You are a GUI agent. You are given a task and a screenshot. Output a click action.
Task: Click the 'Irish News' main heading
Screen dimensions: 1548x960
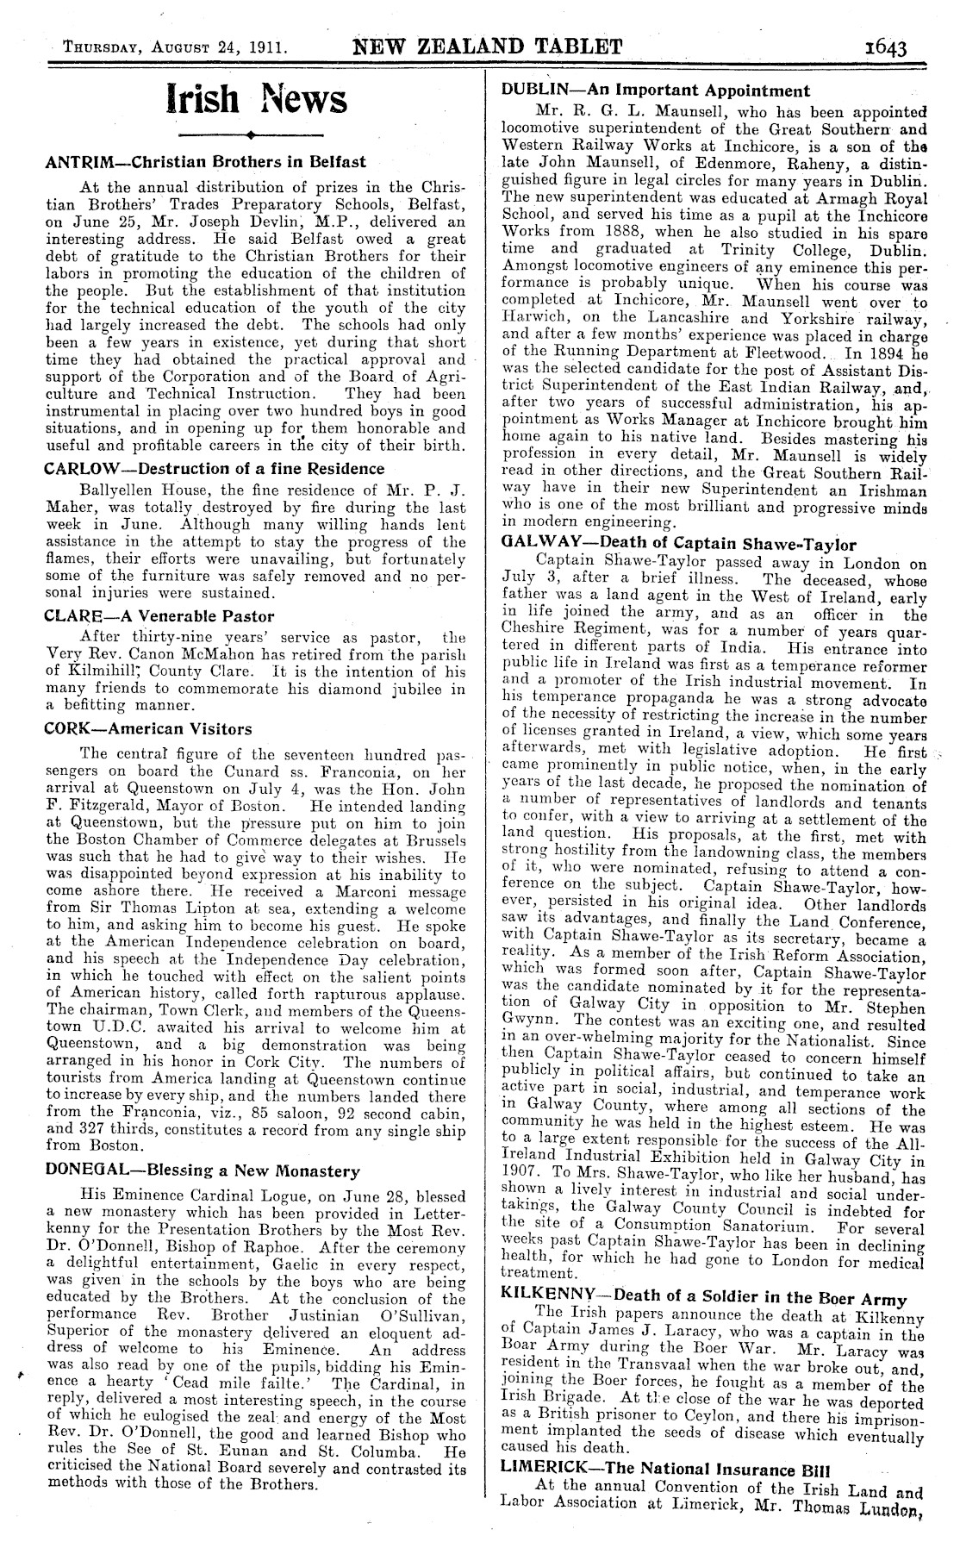256,100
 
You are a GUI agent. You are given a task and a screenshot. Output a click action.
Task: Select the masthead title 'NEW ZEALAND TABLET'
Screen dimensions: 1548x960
488,47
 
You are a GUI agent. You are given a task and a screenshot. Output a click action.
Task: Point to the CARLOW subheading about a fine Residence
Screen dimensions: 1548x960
215,468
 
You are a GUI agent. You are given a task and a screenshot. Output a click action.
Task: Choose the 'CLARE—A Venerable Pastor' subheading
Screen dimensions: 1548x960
159,615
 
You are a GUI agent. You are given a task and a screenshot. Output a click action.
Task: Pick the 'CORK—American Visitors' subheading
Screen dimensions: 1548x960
147,728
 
